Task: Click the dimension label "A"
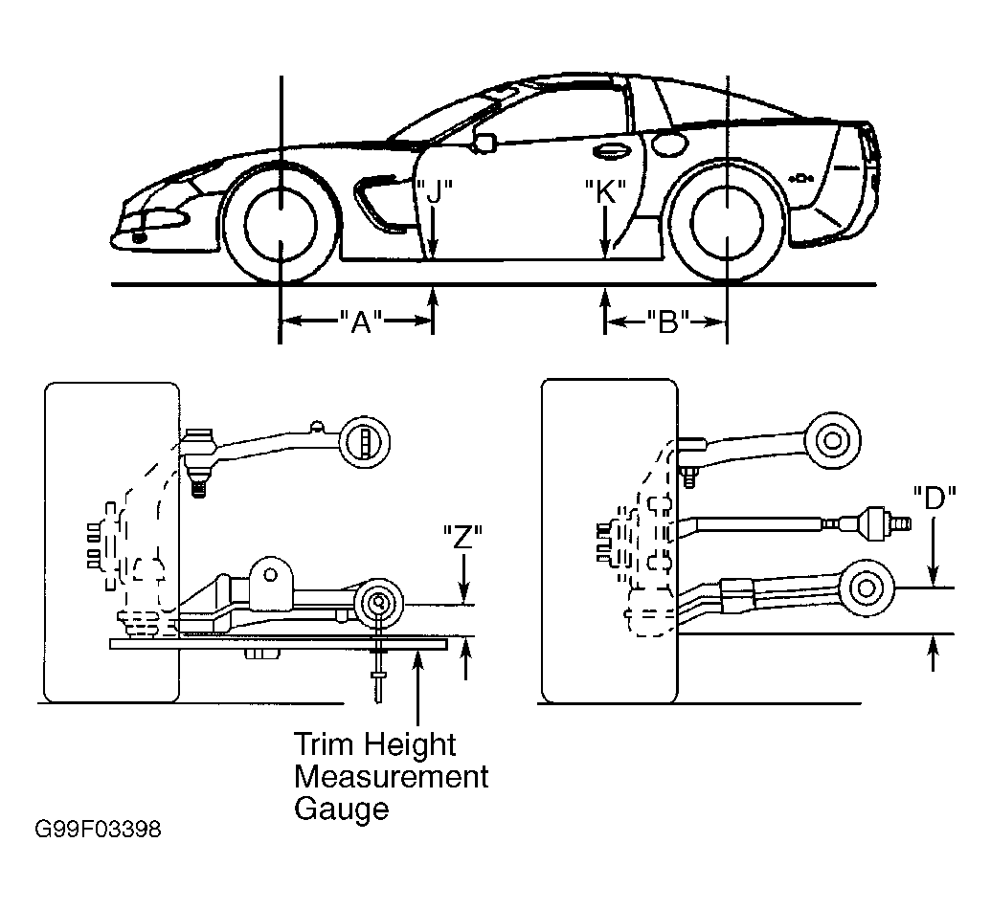(361, 322)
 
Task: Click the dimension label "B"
(668, 321)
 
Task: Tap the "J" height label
(434, 192)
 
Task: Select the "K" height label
(605, 191)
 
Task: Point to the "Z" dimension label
(462, 538)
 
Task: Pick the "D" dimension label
(935, 498)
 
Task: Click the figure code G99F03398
(98, 829)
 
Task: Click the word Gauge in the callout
(341, 809)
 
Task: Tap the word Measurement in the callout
(392, 776)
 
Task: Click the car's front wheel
(280, 223)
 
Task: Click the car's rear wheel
(728, 222)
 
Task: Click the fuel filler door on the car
(668, 143)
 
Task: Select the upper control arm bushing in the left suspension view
(364, 442)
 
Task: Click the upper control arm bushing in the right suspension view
(832, 440)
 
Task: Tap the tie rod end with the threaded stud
(878, 523)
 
